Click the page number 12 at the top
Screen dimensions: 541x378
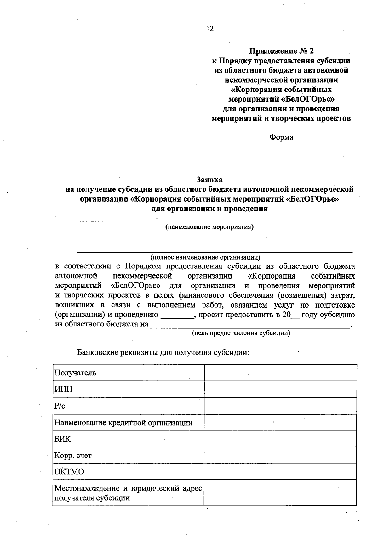pos(210,29)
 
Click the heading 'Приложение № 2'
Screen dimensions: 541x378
pos(282,51)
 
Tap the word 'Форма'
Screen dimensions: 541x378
pos(281,137)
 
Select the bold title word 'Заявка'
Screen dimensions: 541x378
pos(209,179)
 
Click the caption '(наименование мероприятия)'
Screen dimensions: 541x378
pos(209,227)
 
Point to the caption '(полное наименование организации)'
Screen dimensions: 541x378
pos(205,257)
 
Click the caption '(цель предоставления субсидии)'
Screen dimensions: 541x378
pos(241,333)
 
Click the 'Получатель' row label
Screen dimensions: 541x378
pos(75,373)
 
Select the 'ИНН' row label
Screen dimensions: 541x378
pos(64,389)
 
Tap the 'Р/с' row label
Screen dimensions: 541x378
pos(60,406)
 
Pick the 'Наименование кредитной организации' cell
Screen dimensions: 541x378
pos(123,423)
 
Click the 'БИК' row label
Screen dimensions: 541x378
pos(63,439)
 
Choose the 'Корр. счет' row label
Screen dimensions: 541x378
pos(73,456)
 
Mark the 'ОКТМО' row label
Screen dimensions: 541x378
pos(69,472)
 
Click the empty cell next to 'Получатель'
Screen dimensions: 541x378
pos(280,373)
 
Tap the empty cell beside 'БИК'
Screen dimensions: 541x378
pos(280,439)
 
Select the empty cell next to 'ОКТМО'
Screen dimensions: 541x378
pos(280,472)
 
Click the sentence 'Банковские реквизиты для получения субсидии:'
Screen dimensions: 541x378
pos(163,352)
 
